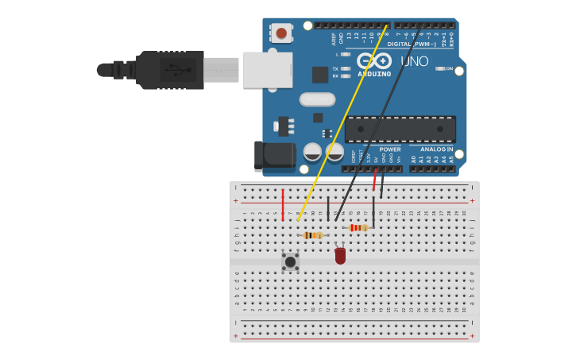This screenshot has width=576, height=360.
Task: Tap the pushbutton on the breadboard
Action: coord(290,261)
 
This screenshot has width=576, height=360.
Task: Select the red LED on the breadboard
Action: coord(340,256)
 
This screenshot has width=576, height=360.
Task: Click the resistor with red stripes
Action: coord(358,227)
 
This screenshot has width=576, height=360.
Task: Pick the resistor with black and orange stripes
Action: coord(312,235)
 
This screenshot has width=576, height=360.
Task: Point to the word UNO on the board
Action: coord(415,61)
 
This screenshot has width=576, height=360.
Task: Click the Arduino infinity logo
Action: coord(373,60)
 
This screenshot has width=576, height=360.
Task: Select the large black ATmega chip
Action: coord(400,129)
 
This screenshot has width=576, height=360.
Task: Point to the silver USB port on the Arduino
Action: coord(267,70)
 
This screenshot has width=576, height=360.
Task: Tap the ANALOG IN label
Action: coord(436,149)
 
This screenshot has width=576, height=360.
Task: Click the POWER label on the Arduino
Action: coord(390,149)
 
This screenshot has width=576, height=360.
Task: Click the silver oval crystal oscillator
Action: coord(317,99)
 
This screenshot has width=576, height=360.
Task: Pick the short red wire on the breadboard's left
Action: coord(282,205)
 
